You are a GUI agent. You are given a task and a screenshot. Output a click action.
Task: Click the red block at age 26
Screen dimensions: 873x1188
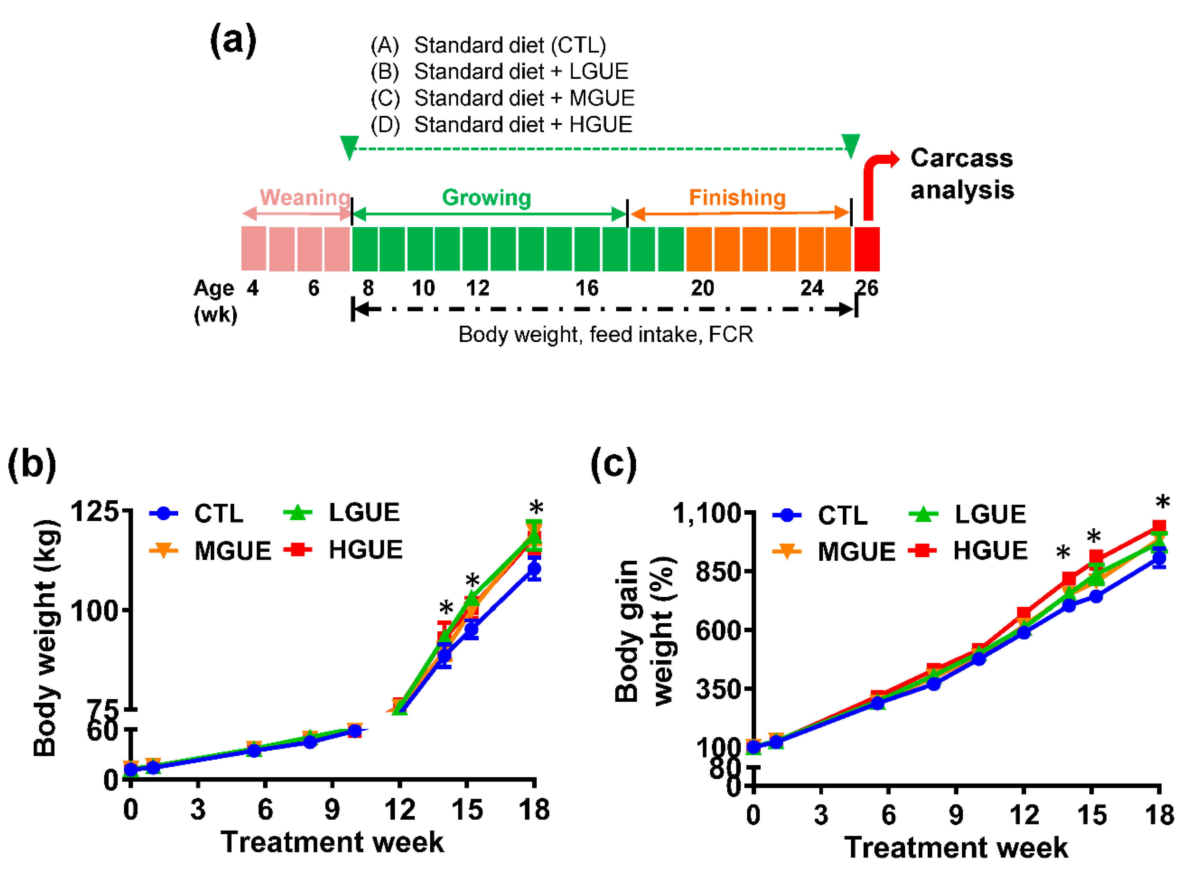tap(867, 249)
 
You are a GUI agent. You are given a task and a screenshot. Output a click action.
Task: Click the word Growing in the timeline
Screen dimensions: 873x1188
tap(486, 198)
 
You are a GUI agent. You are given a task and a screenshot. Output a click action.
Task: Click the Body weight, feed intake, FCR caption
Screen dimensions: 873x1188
tap(605, 334)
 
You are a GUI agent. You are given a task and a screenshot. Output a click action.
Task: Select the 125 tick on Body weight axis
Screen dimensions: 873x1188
tap(94, 511)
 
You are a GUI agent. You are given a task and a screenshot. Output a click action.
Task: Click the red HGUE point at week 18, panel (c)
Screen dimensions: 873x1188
tap(1159, 527)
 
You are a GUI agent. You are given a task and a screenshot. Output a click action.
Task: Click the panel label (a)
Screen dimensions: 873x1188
tap(233, 41)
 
